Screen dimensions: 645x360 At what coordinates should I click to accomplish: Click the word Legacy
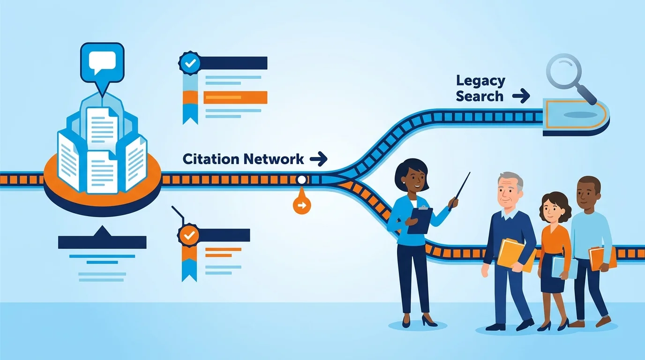click(x=480, y=82)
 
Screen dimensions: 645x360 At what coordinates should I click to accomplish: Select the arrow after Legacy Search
click(x=521, y=96)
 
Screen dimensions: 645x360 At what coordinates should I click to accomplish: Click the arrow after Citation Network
click(x=318, y=159)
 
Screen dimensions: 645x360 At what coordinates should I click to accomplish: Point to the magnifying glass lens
click(x=564, y=71)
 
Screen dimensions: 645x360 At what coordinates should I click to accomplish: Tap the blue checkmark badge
click(x=190, y=63)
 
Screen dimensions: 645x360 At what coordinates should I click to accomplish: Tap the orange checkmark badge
click(x=189, y=236)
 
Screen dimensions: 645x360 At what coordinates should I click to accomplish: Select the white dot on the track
click(x=301, y=180)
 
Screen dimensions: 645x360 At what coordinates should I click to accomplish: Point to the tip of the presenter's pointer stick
click(x=470, y=172)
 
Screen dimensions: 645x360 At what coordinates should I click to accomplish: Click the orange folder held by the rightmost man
click(x=602, y=259)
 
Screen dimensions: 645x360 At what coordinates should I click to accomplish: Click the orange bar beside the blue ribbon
click(x=235, y=97)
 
